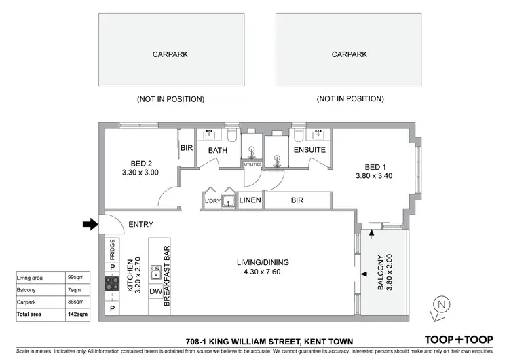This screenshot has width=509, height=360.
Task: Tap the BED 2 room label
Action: click(144, 163)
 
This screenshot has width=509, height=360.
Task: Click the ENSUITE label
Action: click(309, 150)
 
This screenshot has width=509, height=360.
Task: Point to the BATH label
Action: click(217, 150)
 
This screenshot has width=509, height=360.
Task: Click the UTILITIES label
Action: click(252, 164)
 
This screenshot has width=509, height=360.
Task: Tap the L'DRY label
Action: click(212, 201)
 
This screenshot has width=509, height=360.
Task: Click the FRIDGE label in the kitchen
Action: click(113, 249)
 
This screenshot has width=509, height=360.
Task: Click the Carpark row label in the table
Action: click(29, 302)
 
